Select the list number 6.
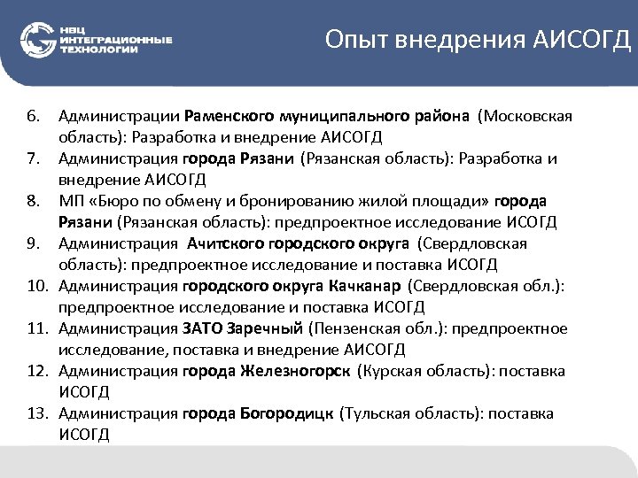pyautogui.click(x=34, y=116)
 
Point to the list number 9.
pyautogui.click(x=34, y=243)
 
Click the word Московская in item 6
pyautogui.click(x=526, y=116)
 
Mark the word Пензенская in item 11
pyautogui.click(x=350, y=328)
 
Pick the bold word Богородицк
pyautogui.click(x=286, y=413)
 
